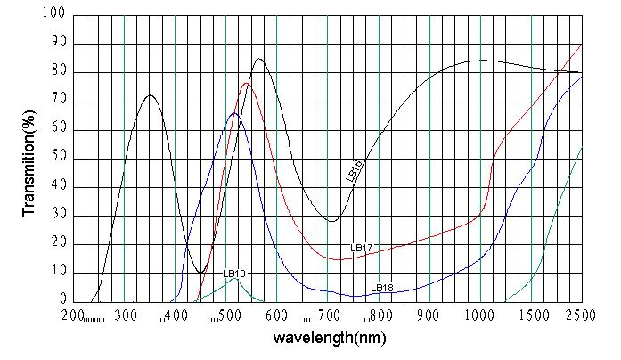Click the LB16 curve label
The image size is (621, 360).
[354, 171]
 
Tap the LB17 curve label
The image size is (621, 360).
[362, 247]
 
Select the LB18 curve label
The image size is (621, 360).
[382, 288]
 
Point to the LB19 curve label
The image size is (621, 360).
[234, 273]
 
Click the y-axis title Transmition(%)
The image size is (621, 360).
[29, 163]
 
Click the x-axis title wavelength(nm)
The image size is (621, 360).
[329, 339]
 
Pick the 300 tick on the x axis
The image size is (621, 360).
[126, 315]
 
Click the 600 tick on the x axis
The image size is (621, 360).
[277, 315]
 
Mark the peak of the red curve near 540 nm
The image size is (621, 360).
[246, 84]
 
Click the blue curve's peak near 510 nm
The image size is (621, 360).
[233, 113]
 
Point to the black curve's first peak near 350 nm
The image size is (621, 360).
[150, 95]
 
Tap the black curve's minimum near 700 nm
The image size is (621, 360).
[331, 221]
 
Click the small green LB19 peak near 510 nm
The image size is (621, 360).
[233, 279]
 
